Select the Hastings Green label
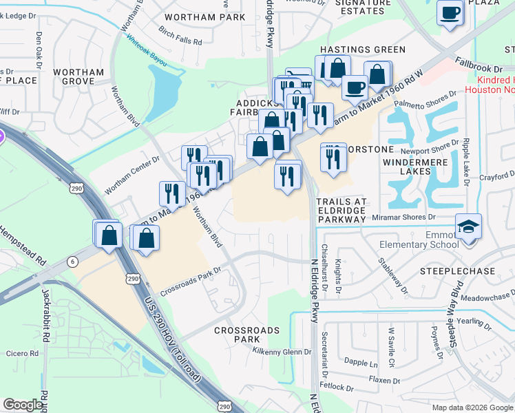[363, 50]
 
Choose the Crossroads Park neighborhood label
[246, 335]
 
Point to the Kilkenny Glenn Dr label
[282, 352]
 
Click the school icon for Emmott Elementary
[468, 226]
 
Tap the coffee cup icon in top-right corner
[450, 12]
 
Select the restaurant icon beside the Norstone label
[333, 158]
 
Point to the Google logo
[23, 405]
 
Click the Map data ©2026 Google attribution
[472, 407]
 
